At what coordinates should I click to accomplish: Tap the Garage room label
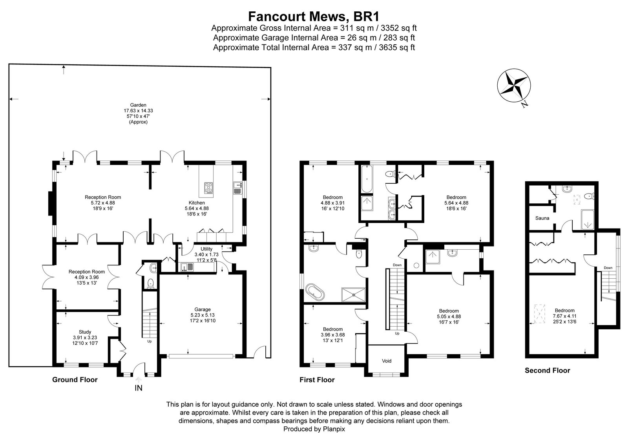click(x=203, y=309)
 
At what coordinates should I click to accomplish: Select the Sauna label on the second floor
click(x=542, y=218)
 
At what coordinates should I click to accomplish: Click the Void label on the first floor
click(x=387, y=361)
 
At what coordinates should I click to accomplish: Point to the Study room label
click(x=82, y=332)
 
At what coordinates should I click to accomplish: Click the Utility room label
click(x=206, y=249)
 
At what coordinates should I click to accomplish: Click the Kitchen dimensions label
click(x=197, y=208)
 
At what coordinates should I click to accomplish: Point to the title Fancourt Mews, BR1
click(x=314, y=16)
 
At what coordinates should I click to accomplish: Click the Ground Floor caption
click(x=75, y=380)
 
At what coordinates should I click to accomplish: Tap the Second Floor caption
click(x=547, y=370)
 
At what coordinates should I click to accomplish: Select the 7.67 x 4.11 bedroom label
click(x=564, y=316)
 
